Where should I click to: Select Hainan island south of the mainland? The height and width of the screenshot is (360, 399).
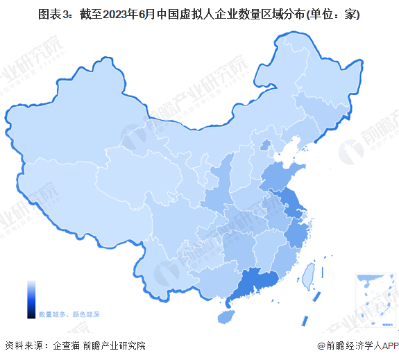point(225,316)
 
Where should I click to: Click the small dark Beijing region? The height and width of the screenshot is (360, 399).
point(264,145)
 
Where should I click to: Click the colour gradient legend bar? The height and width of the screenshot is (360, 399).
point(31,299)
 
